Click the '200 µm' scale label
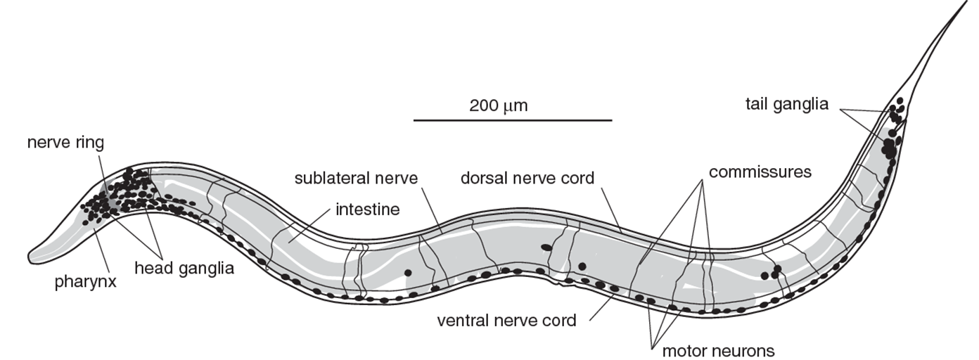click(x=498, y=107)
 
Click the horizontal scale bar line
click(x=512, y=120)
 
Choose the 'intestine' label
click(x=367, y=208)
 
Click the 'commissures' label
click(x=760, y=172)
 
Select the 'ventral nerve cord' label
click(x=506, y=321)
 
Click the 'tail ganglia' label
click(x=786, y=104)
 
